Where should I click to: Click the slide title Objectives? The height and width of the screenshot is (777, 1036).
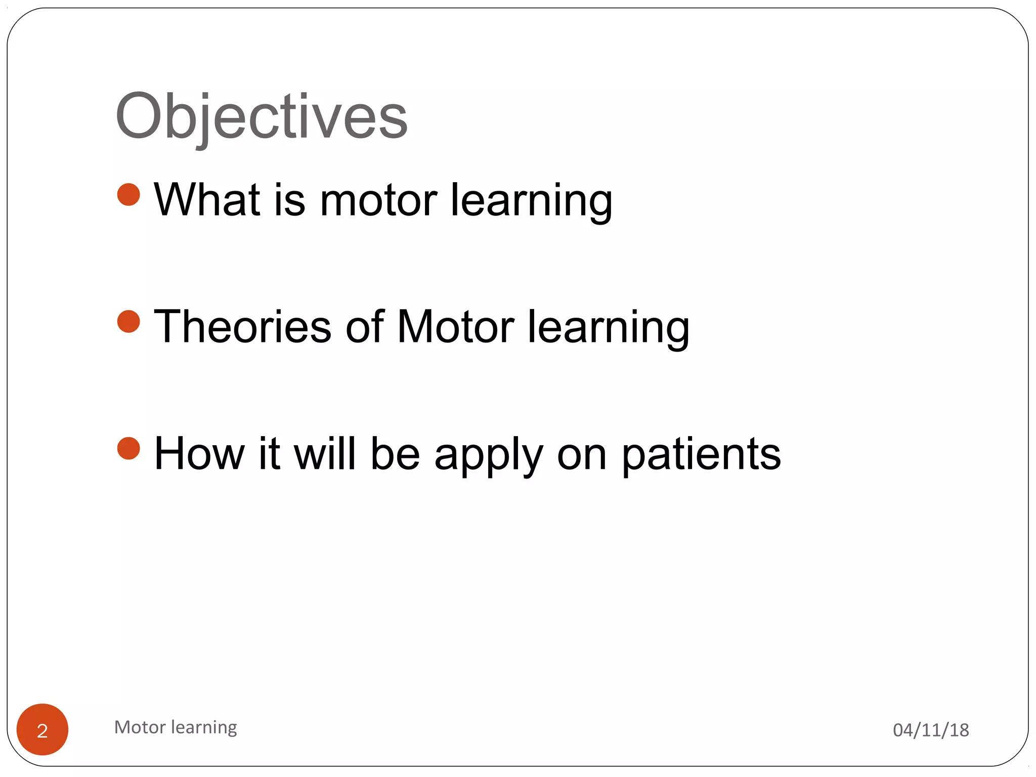[261, 117]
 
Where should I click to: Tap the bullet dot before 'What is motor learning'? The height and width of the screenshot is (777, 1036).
[128, 195]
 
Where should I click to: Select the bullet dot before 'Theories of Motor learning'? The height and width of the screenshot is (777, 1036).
[128, 322]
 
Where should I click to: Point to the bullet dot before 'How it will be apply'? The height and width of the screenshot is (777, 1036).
[128, 449]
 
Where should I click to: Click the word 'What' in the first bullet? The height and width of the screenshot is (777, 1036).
[207, 200]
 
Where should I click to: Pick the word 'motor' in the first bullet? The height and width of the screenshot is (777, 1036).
[378, 200]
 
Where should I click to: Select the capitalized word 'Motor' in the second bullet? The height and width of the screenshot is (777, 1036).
[455, 327]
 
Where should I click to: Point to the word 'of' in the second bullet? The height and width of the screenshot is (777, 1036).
[364, 327]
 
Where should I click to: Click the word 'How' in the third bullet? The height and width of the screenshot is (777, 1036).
[199, 454]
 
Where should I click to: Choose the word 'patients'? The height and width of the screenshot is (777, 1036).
[701, 455]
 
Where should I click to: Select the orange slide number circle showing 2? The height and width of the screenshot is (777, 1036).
[42, 729]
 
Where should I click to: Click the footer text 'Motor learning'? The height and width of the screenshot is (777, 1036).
[176, 727]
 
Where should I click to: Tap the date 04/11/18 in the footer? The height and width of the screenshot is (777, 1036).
[931, 730]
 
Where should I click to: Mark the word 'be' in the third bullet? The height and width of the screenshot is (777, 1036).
[395, 454]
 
